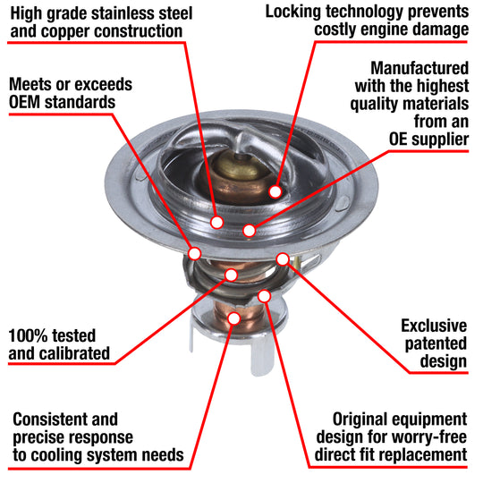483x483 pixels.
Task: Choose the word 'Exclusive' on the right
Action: [x=434, y=326]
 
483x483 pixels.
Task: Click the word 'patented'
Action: [x=434, y=343]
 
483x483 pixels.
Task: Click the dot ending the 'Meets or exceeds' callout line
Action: [x=194, y=254]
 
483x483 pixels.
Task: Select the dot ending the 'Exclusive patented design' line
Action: [x=283, y=259]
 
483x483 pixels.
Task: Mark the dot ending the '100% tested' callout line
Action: [x=232, y=275]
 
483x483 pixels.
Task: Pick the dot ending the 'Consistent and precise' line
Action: [x=233, y=318]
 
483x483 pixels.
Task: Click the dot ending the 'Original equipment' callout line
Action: [x=264, y=295]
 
